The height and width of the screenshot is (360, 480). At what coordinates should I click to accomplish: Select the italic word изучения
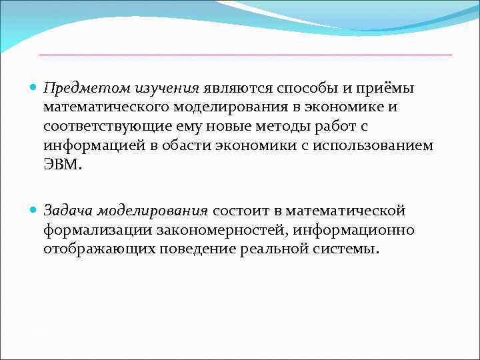pos(167,88)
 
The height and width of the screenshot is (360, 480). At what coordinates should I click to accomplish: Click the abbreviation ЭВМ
pos(62,164)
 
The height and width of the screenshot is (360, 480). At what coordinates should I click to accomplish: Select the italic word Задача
pos(68,211)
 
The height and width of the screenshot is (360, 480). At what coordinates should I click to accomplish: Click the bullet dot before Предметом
pos(35,89)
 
